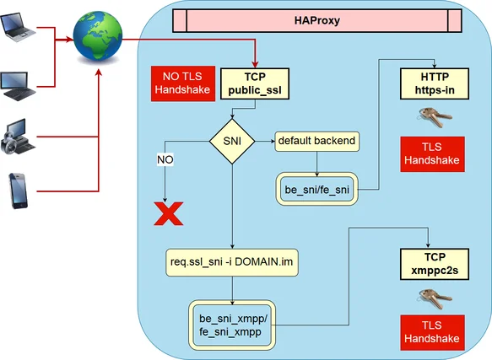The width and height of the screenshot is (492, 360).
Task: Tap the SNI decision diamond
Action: (232, 141)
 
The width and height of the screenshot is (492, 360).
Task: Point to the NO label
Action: (165, 159)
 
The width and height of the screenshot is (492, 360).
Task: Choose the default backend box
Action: (316, 141)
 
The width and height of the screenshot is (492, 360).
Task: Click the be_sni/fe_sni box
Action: (317, 189)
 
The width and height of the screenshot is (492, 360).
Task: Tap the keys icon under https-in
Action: (430, 116)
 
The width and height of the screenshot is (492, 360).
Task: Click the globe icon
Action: (95, 35)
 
